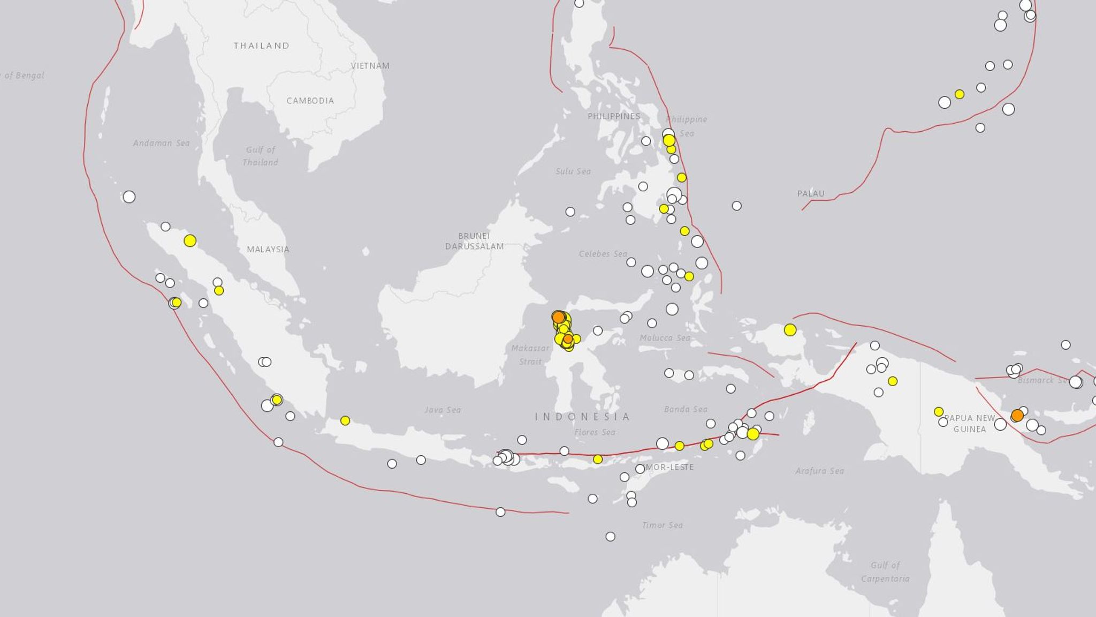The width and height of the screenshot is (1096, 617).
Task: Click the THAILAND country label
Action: (x=261, y=46)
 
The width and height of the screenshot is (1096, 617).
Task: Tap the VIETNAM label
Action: (x=370, y=66)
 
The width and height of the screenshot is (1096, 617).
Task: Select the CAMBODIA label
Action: (x=310, y=101)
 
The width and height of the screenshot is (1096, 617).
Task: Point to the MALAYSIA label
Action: (x=268, y=249)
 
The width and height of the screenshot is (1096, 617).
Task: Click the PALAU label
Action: (x=811, y=193)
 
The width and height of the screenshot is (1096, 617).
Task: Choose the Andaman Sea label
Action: (x=161, y=143)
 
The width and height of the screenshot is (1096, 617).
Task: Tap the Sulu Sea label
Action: (x=573, y=171)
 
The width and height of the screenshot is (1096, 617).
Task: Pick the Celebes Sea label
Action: (x=603, y=254)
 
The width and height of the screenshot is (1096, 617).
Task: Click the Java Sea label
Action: (x=442, y=410)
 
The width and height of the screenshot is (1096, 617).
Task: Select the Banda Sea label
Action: (x=686, y=409)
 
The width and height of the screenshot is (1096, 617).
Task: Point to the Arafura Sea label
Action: (x=819, y=471)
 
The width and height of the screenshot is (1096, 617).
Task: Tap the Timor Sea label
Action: (x=662, y=525)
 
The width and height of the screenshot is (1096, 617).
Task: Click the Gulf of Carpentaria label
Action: (x=885, y=571)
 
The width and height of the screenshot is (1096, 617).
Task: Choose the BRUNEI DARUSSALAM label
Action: (x=474, y=241)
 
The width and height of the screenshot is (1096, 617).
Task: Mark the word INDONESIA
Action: (x=582, y=417)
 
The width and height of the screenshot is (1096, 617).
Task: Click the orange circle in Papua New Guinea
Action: (x=1017, y=416)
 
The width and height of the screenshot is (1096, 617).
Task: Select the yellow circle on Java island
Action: (x=345, y=421)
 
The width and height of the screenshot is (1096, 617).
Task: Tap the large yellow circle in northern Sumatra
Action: (x=190, y=241)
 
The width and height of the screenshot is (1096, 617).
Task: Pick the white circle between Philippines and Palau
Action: (x=736, y=206)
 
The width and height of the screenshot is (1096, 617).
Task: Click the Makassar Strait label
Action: (x=530, y=355)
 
